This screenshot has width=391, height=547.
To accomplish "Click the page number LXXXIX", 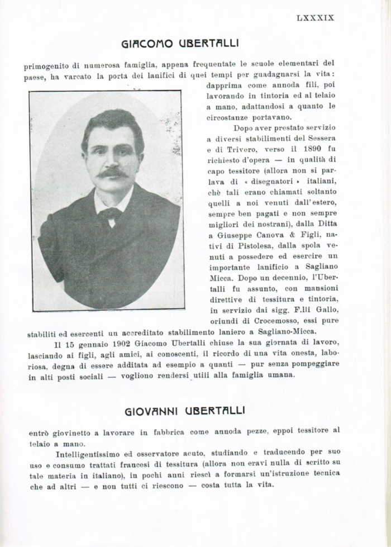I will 315,17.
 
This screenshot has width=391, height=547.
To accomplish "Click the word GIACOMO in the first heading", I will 145,43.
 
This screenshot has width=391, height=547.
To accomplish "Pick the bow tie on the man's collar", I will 109,214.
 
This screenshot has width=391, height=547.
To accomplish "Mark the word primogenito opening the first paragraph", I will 47,65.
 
